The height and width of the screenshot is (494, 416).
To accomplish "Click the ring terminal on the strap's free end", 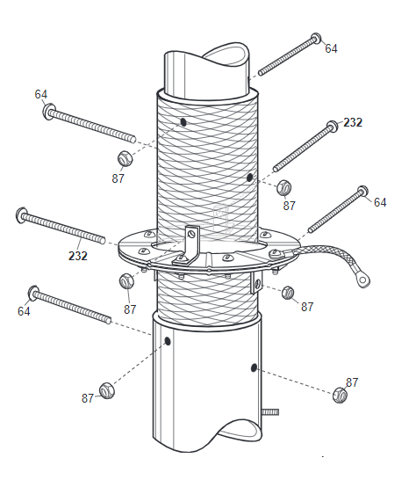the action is [363, 280].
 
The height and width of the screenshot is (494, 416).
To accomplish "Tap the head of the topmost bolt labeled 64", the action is [316, 38].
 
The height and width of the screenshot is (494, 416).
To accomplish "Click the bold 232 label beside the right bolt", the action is [353, 122].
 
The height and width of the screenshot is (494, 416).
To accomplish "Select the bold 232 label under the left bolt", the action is [78, 256].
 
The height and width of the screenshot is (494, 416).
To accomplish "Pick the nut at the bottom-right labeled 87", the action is [340, 395].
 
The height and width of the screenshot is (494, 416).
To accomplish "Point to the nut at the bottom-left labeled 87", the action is [107, 390].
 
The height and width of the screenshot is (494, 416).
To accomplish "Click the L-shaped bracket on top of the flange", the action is [187, 246].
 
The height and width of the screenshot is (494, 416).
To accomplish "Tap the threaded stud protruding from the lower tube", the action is [270, 411].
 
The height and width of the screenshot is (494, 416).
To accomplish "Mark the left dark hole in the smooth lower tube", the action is [168, 341].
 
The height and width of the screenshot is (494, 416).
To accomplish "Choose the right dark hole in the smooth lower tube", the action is [254, 367].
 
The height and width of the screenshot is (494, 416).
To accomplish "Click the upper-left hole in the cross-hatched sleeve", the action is [183, 122].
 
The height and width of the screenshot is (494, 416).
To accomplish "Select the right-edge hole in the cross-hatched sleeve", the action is [249, 178].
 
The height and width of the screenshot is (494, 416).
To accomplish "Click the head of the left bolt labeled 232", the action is [22, 215].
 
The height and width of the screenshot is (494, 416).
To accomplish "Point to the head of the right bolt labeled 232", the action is [332, 126].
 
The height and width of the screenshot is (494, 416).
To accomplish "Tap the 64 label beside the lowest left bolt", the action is [24, 311].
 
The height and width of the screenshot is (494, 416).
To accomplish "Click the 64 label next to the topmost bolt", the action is [331, 48].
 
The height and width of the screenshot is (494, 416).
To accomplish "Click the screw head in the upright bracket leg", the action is [190, 234].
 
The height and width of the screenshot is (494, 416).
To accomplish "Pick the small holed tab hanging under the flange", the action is [256, 283].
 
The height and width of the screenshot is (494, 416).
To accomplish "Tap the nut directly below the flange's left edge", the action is [126, 281].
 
